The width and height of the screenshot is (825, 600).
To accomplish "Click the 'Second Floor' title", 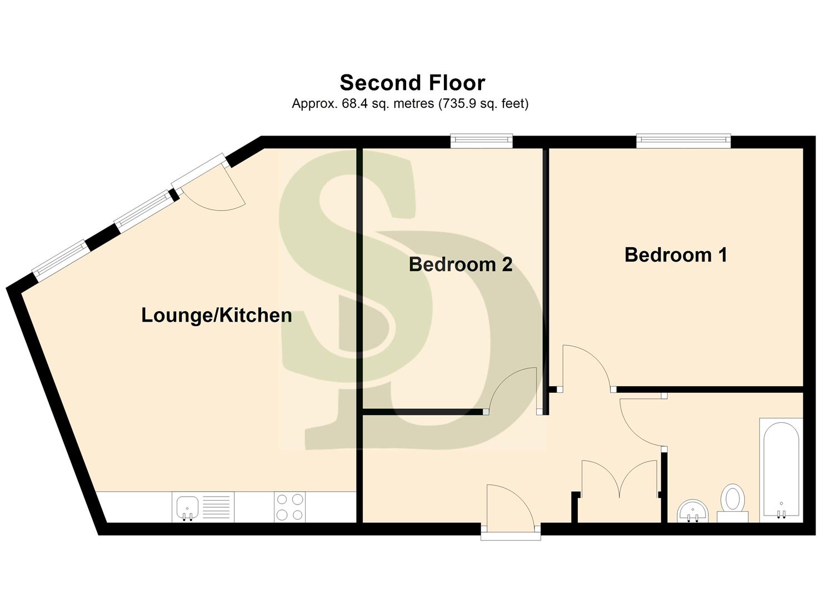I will click(x=412, y=83).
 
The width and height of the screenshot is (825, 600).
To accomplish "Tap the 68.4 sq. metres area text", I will click(x=410, y=103).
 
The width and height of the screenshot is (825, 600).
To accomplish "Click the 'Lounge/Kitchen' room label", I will click(x=216, y=315).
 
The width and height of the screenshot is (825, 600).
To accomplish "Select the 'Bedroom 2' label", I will click(x=460, y=264).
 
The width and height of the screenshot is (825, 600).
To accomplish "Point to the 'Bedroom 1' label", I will click(x=676, y=255).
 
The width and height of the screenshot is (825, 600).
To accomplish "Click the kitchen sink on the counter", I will click(x=188, y=508).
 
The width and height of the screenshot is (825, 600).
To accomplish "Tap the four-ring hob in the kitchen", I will click(x=289, y=507).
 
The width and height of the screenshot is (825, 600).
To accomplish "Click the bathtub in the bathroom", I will click(x=781, y=470).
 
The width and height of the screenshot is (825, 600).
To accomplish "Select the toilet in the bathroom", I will click(x=732, y=502).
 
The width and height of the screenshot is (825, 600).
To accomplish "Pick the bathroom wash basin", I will click(x=693, y=511).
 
